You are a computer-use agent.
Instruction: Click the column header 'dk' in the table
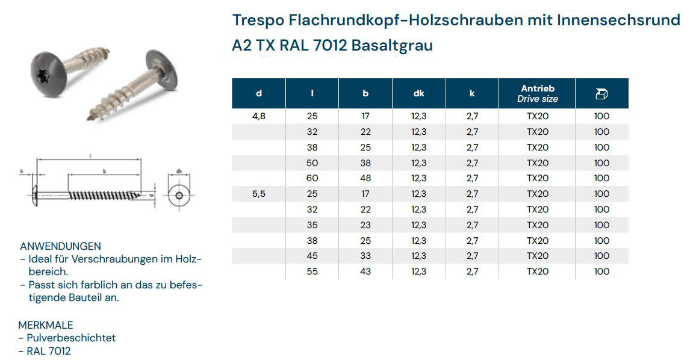pyautogui.click(x=419, y=93)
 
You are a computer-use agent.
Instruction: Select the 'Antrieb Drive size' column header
pyautogui.click(x=538, y=93)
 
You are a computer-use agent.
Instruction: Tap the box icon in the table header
pyautogui.click(x=601, y=93)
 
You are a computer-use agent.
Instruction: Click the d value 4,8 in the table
pyautogui.click(x=259, y=116)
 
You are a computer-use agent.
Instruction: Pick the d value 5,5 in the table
pyautogui.click(x=259, y=194)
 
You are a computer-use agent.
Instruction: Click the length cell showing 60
pyautogui.click(x=312, y=178)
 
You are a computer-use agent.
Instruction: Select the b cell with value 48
pyautogui.click(x=365, y=178)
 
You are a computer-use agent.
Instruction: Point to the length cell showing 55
pyautogui.click(x=312, y=272)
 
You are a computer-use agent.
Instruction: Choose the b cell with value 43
pyautogui.click(x=365, y=272)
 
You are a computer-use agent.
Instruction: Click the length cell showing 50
pyautogui.click(x=312, y=163)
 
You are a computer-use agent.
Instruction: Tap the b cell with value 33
pyautogui.click(x=365, y=256)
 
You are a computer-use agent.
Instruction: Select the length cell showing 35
pyautogui.click(x=312, y=225)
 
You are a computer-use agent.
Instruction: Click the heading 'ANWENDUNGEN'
pyautogui.click(x=60, y=246)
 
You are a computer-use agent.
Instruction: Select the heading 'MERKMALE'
pyautogui.click(x=46, y=325)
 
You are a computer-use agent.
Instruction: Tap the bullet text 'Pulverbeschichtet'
pyautogui.click(x=71, y=338)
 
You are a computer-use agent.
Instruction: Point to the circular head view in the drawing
pyautogui.click(x=179, y=194)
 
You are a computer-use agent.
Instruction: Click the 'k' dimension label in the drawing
pyautogui.click(x=22, y=172)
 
